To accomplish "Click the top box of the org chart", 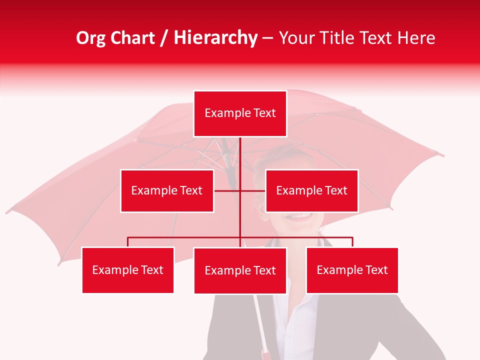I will (240, 113).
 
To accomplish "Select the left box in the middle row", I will (167, 190).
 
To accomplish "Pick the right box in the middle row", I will (311, 190).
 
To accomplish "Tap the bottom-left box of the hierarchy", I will (128, 270).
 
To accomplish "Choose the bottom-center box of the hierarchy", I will (240, 270).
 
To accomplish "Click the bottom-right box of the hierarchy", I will (352, 270).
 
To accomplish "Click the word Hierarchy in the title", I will (215, 37).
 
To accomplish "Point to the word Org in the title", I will (90, 38).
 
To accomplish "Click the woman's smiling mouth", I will (301, 216).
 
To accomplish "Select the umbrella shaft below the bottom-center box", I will (260, 320).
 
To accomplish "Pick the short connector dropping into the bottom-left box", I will (128, 242).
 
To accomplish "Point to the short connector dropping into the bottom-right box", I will (352, 242).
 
